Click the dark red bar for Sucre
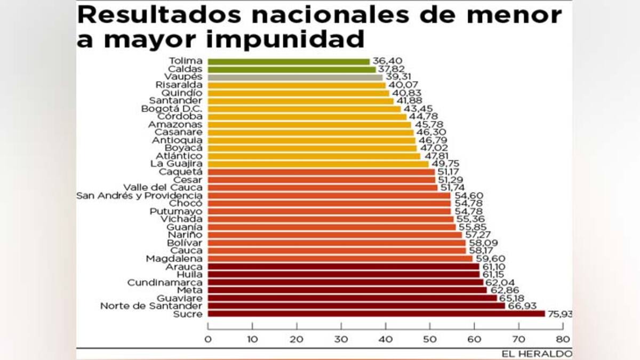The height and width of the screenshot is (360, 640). [x=376, y=314]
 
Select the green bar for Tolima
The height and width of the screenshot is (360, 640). [x=288, y=61]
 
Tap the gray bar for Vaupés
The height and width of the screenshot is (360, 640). [x=295, y=77]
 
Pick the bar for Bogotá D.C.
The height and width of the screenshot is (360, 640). [x=304, y=109]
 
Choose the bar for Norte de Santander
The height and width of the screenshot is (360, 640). [x=356, y=306]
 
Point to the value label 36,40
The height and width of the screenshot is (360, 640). [x=386, y=61]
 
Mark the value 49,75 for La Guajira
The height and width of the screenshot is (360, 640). [x=445, y=164]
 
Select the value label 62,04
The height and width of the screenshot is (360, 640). [x=499, y=282]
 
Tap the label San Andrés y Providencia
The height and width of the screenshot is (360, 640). [x=139, y=196]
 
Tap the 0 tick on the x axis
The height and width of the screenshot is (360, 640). [x=208, y=339]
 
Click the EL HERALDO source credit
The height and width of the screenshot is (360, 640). [x=536, y=354]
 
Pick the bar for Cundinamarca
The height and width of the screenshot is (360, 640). [x=345, y=282]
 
